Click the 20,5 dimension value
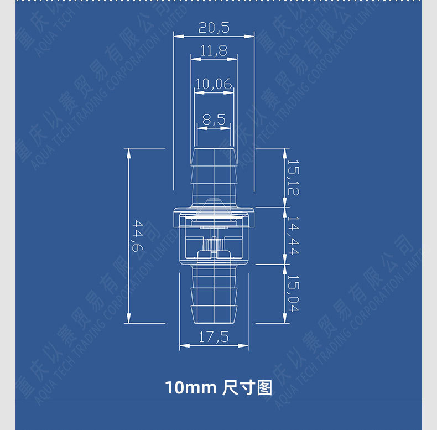(x=214, y=27)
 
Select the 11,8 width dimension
(x=214, y=51)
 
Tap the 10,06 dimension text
(x=214, y=84)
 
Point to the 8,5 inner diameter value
(x=214, y=118)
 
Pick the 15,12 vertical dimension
(x=293, y=177)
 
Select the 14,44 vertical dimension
(x=293, y=236)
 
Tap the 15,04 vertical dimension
(x=293, y=293)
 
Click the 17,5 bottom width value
(x=214, y=337)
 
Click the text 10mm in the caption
(x=190, y=387)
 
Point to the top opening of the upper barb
(x=214, y=149)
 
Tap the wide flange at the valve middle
(x=214, y=211)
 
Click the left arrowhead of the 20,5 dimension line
(x=176, y=36)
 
